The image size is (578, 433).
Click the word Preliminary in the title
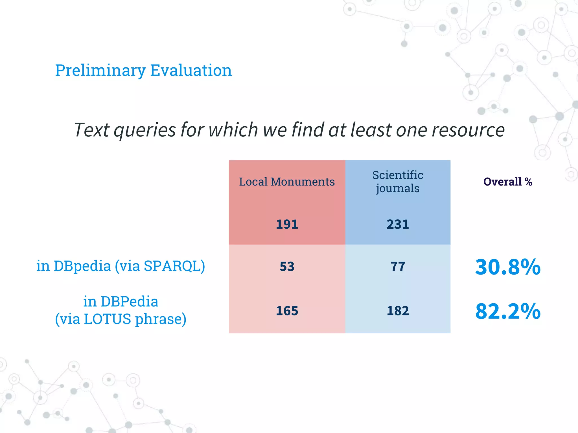point(100,70)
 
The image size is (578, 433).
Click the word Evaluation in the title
point(191,70)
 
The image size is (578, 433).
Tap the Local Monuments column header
point(287,182)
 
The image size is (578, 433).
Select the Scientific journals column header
point(398,182)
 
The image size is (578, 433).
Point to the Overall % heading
point(507,182)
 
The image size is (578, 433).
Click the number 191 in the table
point(287,224)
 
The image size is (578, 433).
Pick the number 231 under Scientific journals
point(398,224)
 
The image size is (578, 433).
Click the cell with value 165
point(287,311)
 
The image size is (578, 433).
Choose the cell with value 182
point(398,311)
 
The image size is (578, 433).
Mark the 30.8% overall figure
point(507,267)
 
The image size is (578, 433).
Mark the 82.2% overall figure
point(507,312)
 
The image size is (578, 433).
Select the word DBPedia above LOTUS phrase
point(129,302)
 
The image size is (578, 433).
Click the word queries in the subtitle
point(145,130)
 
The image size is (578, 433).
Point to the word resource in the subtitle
point(468,130)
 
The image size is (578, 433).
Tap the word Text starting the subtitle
point(91,130)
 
